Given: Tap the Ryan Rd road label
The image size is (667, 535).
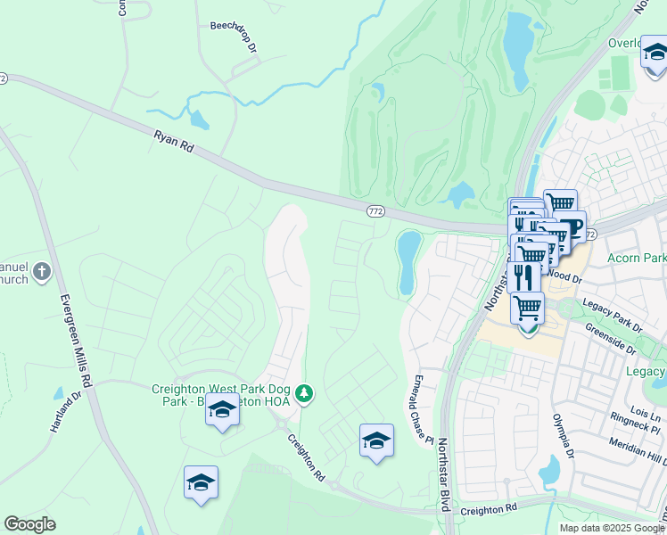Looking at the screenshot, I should click(173, 141).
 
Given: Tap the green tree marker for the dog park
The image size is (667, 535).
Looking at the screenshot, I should click(304, 393).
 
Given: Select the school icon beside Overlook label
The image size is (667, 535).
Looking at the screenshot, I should click(654, 56).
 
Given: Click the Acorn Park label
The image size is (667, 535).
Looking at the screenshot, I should click(637, 258).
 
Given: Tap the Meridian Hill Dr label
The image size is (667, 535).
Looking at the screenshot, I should click(638, 445).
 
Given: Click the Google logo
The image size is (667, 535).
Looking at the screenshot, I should click(29, 524).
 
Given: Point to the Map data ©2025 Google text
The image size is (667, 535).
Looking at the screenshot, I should click(611, 528).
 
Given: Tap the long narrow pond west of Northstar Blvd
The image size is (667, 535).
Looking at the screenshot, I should click(408, 262).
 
